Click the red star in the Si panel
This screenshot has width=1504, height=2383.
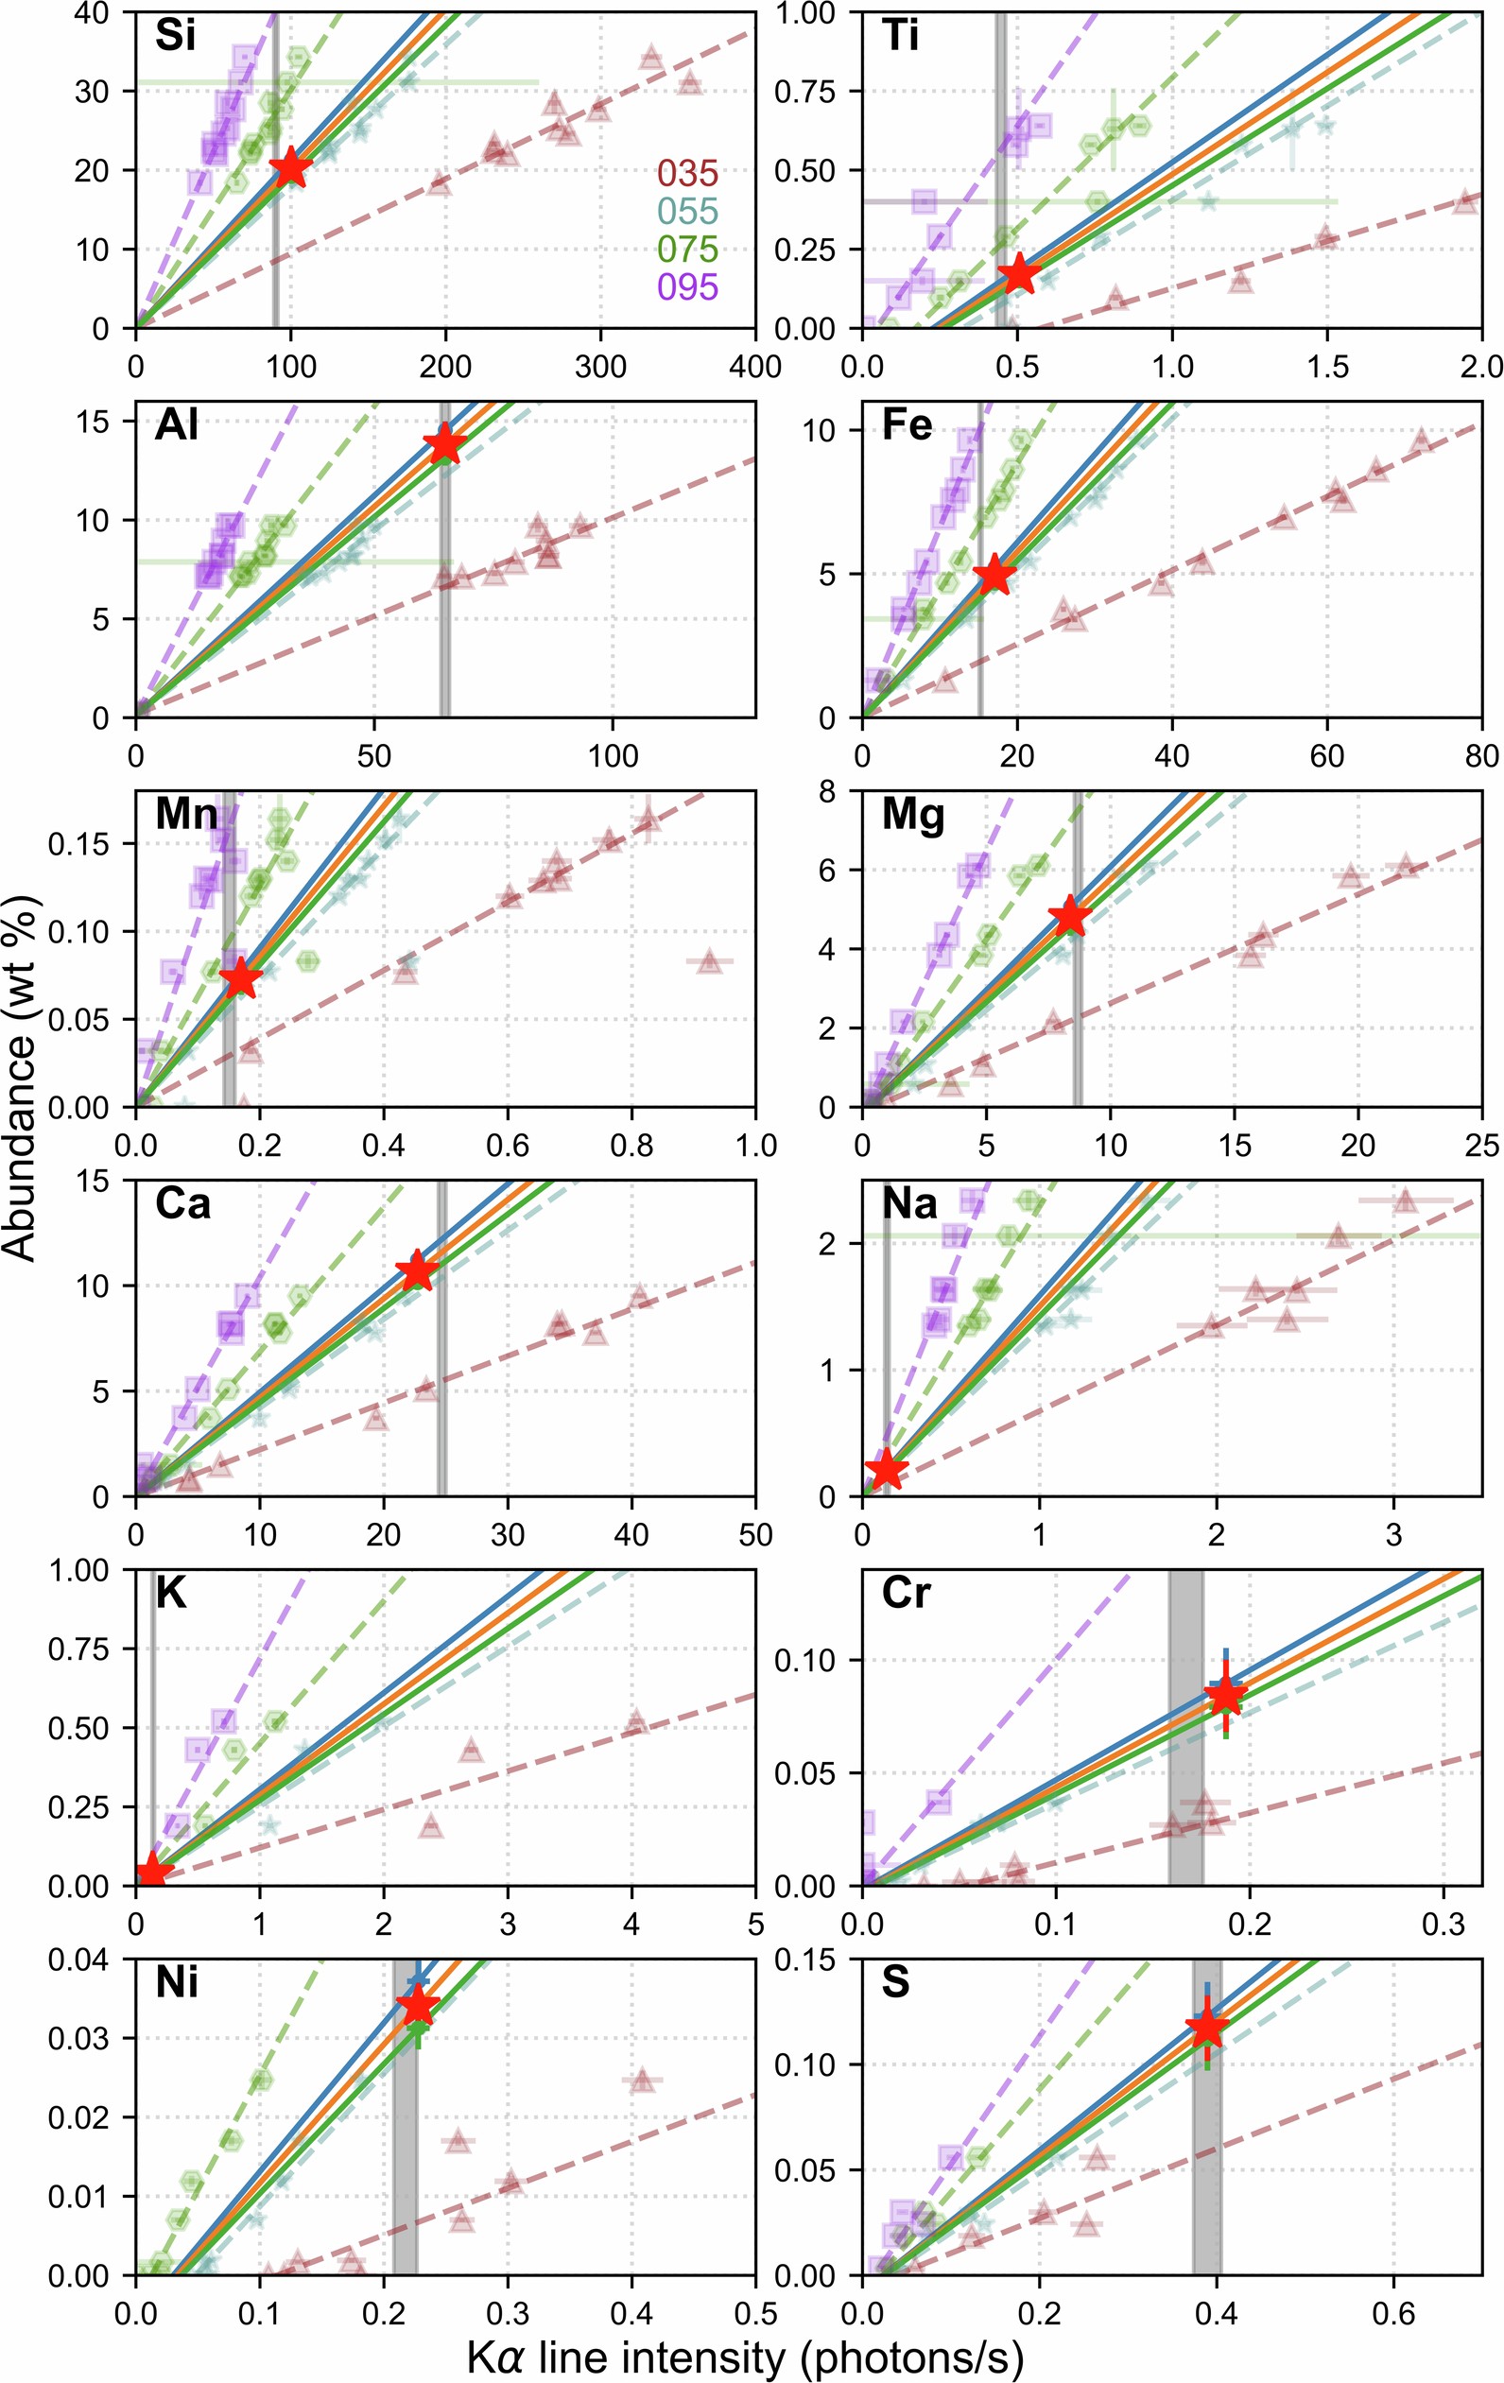point(290,168)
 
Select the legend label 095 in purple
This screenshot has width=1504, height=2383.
point(687,287)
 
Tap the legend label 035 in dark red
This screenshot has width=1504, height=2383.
point(687,173)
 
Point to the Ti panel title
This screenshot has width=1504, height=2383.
point(901,37)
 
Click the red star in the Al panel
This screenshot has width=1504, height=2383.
point(445,443)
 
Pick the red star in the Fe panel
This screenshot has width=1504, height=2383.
point(994,575)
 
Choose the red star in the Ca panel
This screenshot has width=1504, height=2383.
point(417,1271)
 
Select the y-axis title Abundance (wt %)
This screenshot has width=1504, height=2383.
point(20,1079)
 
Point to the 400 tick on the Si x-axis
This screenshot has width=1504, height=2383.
point(754,366)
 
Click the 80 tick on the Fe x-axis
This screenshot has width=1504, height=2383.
point(1481,756)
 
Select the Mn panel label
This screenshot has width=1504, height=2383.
point(187,815)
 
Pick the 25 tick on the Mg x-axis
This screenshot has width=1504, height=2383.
point(1481,1145)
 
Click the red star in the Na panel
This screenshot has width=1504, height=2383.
point(887,1470)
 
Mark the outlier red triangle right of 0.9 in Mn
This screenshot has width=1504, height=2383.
point(708,961)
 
